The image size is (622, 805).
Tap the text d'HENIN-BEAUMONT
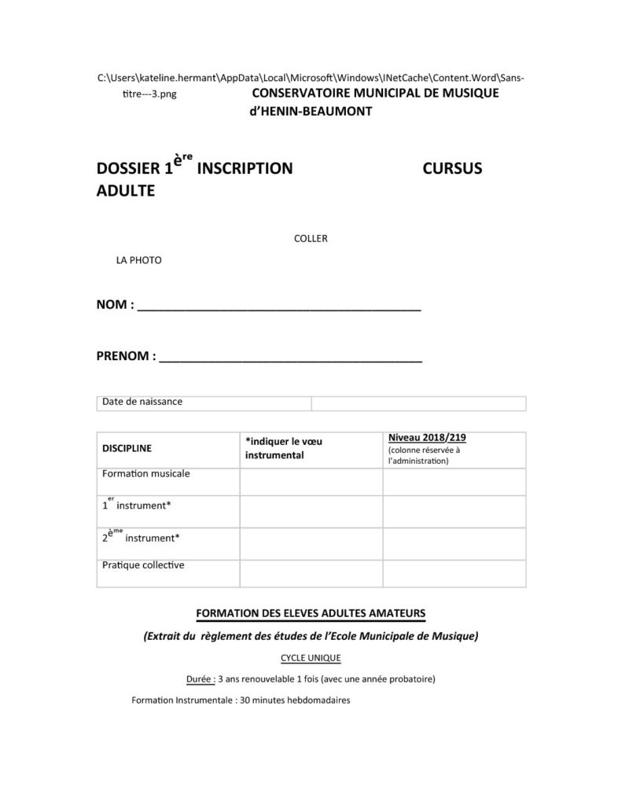pos(310,111)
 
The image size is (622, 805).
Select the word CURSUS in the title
pos(452,168)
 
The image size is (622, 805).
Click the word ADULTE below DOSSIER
pos(125,190)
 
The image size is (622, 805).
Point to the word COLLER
pos(311,239)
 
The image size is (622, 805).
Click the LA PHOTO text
pos(138,260)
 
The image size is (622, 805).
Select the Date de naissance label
pos(142,402)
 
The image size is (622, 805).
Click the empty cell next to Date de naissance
pos(418,403)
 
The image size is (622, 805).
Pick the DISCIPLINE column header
pos(127,448)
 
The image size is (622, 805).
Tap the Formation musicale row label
pos(146,474)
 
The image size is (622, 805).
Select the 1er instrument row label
pos(136,505)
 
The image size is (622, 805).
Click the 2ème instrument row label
pos(141,538)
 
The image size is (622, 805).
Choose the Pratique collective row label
pos(143,564)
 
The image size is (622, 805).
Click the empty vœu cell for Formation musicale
pos(311,482)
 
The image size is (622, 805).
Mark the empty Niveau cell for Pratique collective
pos(454,573)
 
